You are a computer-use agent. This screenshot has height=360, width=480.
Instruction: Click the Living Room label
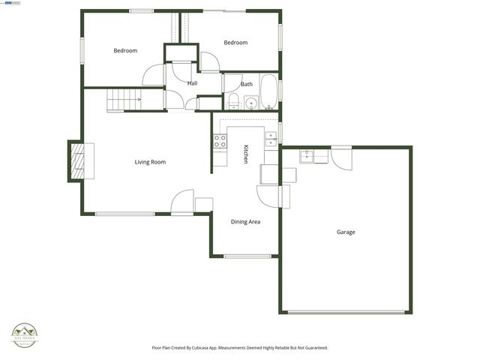click(150, 162)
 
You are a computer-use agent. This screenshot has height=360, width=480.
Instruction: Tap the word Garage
click(346, 232)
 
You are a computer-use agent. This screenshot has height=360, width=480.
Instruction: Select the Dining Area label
click(245, 222)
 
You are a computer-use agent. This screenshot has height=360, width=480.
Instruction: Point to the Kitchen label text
click(245, 154)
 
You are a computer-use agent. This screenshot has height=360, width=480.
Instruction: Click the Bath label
click(246, 84)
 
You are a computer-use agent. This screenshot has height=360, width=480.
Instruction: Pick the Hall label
click(192, 83)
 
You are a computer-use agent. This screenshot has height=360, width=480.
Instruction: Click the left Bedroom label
click(125, 51)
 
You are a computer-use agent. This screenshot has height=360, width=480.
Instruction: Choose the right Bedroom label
click(235, 43)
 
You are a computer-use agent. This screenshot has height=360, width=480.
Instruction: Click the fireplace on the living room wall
click(76, 161)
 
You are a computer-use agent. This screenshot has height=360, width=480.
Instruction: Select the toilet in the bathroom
click(233, 101)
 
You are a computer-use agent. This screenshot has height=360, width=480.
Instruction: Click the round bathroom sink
click(250, 102)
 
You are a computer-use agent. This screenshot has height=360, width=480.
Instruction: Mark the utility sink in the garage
click(306, 157)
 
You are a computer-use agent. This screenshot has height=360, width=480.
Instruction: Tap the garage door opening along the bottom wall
click(346, 312)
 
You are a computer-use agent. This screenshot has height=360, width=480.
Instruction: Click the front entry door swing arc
click(182, 200)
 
